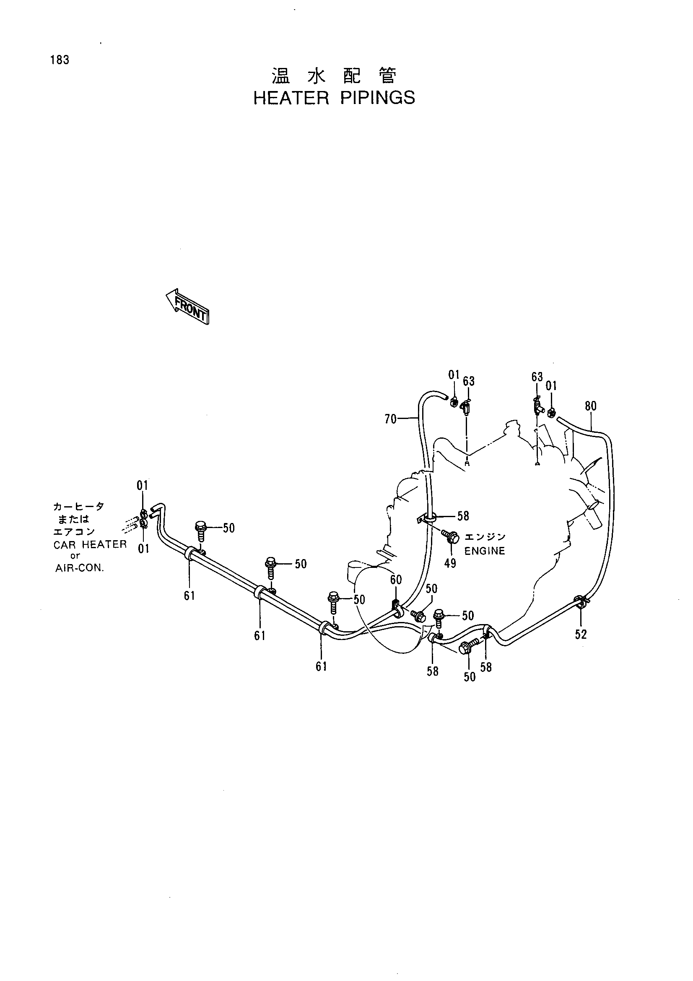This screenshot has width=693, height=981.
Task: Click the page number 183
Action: [60, 60]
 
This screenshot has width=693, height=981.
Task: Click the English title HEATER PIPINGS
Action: [334, 98]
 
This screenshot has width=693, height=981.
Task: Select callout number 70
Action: [390, 419]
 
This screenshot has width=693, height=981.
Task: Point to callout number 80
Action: [591, 406]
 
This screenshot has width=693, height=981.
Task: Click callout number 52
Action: [581, 635]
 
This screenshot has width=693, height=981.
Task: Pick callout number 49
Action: [450, 563]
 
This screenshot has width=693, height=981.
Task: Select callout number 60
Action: [396, 580]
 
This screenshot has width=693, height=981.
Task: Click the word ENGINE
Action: [485, 551]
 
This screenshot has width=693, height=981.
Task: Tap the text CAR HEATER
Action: [90, 545]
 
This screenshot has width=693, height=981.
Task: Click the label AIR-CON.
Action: [80, 569]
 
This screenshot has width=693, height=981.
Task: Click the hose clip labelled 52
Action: [580, 602]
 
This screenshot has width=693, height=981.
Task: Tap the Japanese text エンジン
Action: [485, 537]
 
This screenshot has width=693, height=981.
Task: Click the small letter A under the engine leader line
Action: [467, 463]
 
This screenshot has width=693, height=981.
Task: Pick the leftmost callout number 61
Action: [189, 595]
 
